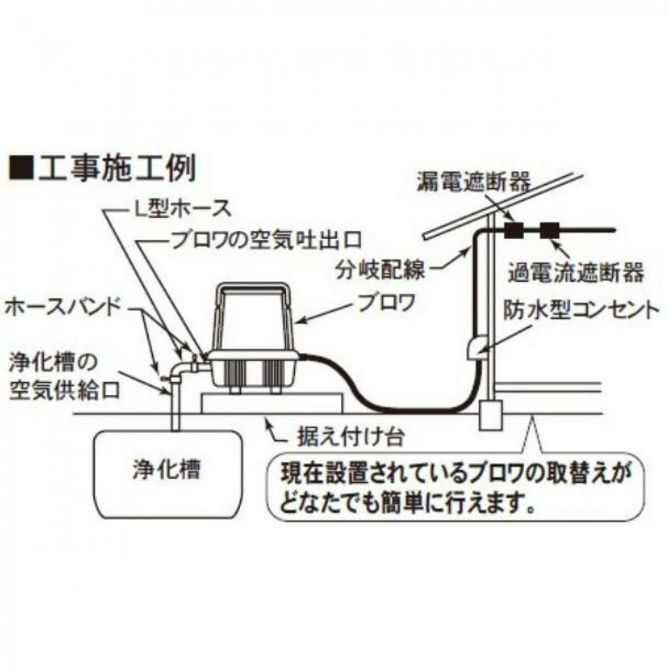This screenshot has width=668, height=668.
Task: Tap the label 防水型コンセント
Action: click(578, 309)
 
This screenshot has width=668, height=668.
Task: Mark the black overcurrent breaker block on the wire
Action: click(549, 231)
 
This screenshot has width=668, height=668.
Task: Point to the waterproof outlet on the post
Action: click(476, 348)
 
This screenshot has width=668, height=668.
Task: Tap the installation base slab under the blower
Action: click(272, 402)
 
